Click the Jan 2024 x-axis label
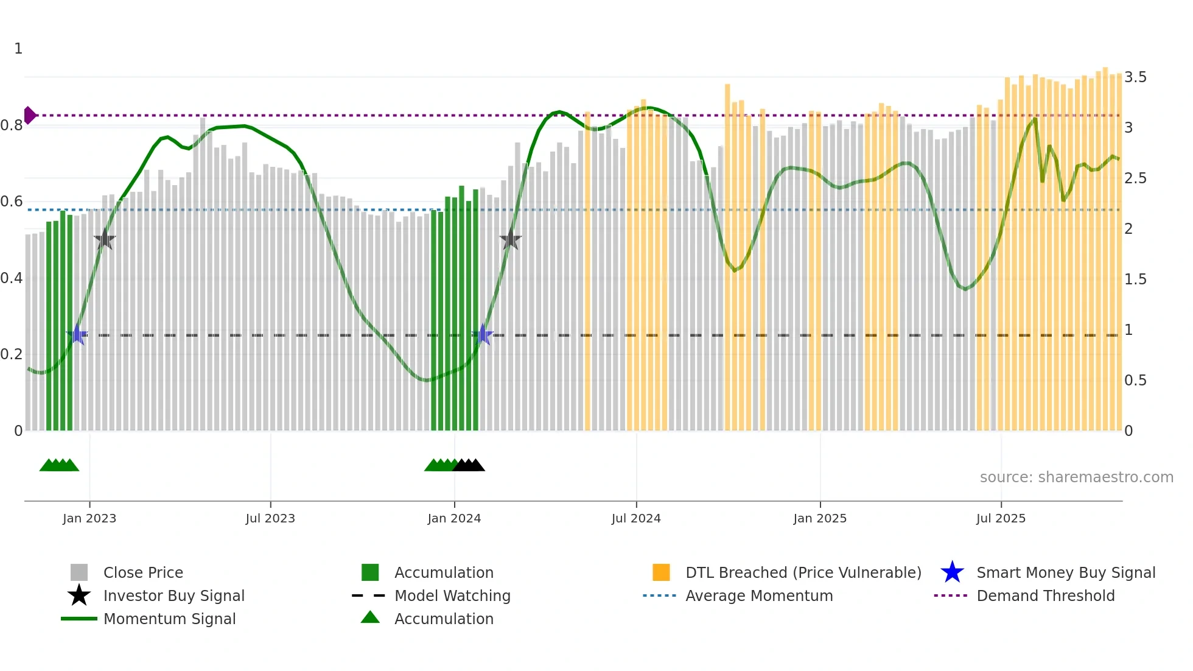click(x=454, y=518)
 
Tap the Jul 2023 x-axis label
click(x=270, y=518)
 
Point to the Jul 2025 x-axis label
click(x=1001, y=518)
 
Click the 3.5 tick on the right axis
click(x=1135, y=77)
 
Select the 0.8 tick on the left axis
click(x=12, y=125)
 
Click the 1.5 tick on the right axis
click(x=1135, y=279)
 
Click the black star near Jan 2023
click(x=105, y=240)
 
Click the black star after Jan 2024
click(x=511, y=240)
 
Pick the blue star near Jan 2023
click(x=77, y=334)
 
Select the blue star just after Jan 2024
click(x=483, y=334)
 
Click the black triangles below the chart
click(x=469, y=465)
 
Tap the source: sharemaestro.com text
click(x=1076, y=477)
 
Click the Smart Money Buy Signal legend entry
click(x=1065, y=572)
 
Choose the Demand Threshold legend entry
click(x=1045, y=595)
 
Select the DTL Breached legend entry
click(x=803, y=572)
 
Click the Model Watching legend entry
click(x=452, y=595)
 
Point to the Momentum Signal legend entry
click(x=169, y=619)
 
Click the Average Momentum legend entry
click(x=758, y=595)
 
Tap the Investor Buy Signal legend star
click(x=79, y=595)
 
